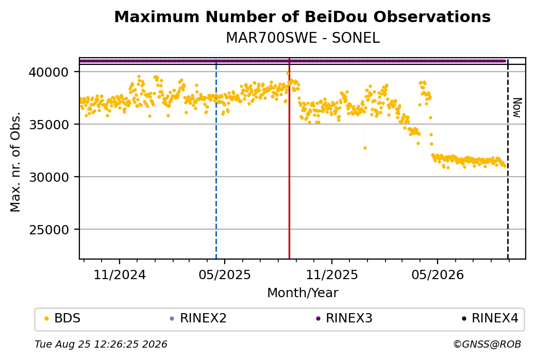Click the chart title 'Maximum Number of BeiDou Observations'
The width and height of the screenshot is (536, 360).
coord(302,16)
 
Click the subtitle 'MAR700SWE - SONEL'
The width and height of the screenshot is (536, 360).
coord(303,38)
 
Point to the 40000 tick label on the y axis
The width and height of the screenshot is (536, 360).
coord(49,72)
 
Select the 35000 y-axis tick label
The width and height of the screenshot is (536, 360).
coord(49,125)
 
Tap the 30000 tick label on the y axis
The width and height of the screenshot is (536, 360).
coord(49,177)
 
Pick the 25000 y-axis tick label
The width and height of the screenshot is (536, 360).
coord(49,230)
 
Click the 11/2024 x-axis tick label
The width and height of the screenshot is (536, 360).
coord(120,275)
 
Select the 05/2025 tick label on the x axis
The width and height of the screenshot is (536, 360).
coord(225,275)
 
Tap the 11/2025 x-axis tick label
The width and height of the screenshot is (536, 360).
coord(331,275)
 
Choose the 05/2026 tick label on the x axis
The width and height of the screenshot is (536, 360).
coord(438,275)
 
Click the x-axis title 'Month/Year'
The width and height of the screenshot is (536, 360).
coord(303,293)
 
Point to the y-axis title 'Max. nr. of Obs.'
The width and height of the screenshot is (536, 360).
coord(15,162)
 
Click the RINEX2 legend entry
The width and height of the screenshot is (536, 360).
coord(198,318)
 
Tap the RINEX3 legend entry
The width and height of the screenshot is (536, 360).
coord(344,318)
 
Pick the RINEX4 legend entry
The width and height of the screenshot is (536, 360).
coord(490,318)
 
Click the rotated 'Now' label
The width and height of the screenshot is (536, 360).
coord(517,108)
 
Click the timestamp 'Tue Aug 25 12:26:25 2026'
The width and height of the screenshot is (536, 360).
coord(101,344)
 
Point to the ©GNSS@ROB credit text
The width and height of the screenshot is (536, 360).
coord(487,344)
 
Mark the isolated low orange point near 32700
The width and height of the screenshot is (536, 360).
coord(365,148)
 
